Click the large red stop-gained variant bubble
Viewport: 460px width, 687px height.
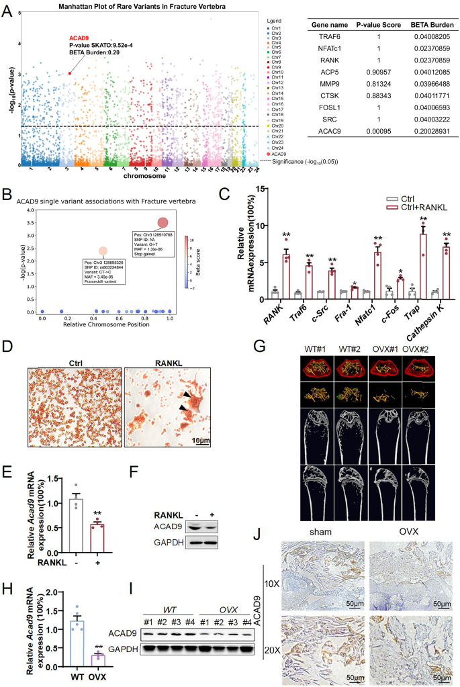point(163,222)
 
